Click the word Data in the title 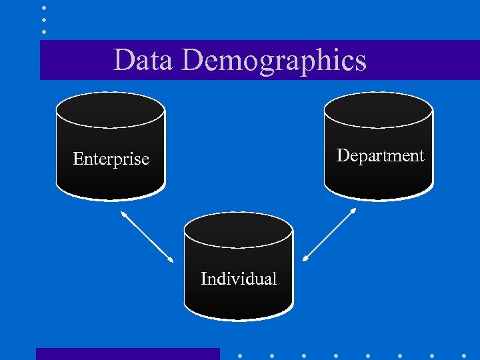143,60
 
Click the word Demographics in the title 273,60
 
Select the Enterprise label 111,159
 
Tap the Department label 380,155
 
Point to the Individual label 239,279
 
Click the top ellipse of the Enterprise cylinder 110,109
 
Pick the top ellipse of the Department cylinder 379,109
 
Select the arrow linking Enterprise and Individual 147,237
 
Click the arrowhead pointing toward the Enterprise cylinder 123,214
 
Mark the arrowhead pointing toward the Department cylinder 353,211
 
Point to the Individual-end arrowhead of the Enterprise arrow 171,259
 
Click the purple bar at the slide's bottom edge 127,354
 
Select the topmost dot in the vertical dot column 43,7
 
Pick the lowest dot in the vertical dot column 43,31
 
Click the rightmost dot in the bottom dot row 464,355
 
